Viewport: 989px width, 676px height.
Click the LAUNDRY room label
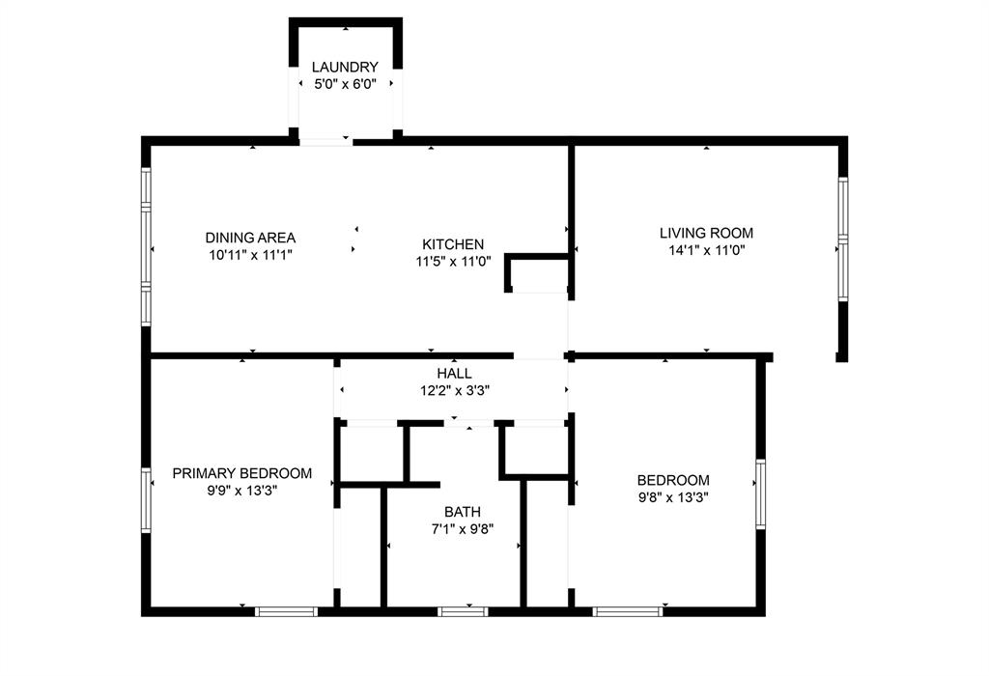pos(345,67)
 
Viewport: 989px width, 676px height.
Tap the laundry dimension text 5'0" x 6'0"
pos(345,84)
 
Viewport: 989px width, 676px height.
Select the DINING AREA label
pos(250,238)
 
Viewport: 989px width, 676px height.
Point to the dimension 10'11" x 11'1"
pos(250,255)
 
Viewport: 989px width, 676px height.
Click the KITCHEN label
pos(453,244)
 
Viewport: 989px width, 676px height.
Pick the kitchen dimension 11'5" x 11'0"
pos(453,261)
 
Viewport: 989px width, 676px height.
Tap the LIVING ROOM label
pos(706,233)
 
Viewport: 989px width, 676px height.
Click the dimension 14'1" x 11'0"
pos(706,250)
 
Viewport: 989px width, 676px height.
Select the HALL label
pos(454,373)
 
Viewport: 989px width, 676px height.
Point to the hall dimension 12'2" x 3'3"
pos(454,390)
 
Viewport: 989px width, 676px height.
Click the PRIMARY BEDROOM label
pos(242,473)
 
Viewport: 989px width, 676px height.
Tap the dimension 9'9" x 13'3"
pos(242,491)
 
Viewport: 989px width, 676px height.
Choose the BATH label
pos(463,512)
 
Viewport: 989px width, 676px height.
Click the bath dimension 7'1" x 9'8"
pos(463,528)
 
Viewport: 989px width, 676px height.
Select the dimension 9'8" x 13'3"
pos(673,497)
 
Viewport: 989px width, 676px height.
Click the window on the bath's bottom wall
pos(463,611)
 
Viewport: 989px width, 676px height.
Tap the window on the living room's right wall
pos(842,239)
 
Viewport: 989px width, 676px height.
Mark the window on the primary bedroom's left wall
pos(147,500)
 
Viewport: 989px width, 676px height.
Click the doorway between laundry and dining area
pos(325,142)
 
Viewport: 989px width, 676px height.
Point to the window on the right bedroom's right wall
pos(760,493)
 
